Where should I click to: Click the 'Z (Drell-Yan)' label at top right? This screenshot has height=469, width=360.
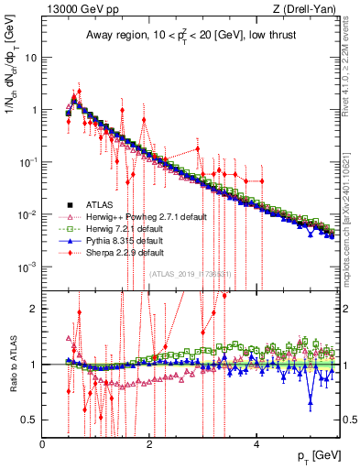[x=311, y=8]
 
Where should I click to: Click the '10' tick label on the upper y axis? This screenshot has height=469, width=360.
[x=31, y=57]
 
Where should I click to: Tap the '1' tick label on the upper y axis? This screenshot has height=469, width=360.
[x=34, y=110]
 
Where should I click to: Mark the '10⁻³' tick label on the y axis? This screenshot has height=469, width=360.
[x=27, y=267]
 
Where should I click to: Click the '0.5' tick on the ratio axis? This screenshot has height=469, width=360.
[x=29, y=420]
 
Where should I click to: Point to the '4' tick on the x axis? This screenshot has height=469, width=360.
[x=257, y=444]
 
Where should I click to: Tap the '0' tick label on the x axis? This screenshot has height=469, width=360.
[x=42, y=444]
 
